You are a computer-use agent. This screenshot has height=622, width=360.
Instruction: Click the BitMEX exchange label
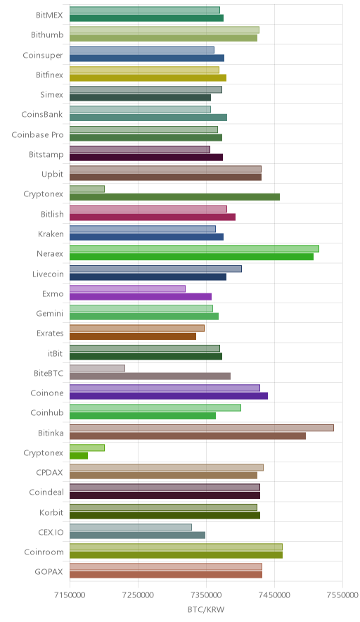pos(49,15)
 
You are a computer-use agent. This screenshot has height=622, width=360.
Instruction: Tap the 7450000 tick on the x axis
pos(275,595)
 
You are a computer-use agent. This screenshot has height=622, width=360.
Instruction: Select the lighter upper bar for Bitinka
pos(202,428)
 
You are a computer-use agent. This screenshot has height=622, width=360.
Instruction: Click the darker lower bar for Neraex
pos(191,257)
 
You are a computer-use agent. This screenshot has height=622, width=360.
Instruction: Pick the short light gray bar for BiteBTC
pos(97,368)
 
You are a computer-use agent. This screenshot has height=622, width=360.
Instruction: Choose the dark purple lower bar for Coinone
pos(169,396)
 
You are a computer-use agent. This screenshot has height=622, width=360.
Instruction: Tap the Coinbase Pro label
pos(37,135)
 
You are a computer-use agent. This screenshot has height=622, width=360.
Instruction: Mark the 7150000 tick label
pos(70,595)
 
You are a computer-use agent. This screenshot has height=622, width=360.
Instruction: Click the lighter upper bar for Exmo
pos(128,288)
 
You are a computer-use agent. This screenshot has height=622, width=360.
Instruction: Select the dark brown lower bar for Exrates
pos(133,336)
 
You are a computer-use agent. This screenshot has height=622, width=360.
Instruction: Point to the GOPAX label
pos(49,571)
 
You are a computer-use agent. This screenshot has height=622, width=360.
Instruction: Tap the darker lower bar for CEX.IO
pos(138,535)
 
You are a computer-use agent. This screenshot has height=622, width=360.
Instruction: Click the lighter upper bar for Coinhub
pos(155,408)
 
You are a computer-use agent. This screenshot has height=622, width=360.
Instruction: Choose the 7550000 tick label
pos(342,595)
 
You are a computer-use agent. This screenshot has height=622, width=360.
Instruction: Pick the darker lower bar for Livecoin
pos(148,277)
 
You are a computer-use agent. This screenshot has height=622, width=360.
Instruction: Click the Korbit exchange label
pos(51,512)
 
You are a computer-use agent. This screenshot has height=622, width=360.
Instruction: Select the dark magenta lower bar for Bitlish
pos(153,217)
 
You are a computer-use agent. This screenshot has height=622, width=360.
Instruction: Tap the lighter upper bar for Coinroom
pos(176,547)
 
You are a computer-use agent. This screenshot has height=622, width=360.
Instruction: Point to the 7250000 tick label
pos(138,595)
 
